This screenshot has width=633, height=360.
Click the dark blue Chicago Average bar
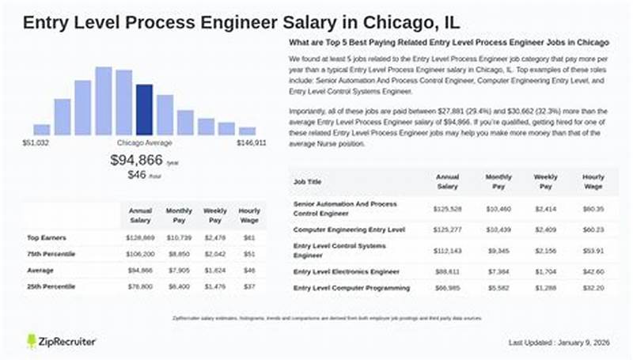pyautogui.click(x=144, y=110)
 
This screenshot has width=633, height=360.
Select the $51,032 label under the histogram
pyautogui.click(x=36, y=143)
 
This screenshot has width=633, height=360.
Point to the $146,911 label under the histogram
pyautogui.click(x=251, y=143)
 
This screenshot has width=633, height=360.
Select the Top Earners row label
pyautogui.click(x=45, y=237)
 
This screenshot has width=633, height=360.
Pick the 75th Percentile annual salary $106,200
pyautogui.click(x=140, y=254)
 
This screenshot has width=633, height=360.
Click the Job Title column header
pyautogui.click(x=309, y=181)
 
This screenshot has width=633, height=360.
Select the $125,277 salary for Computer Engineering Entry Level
pyautogui.click(x=448, y=230)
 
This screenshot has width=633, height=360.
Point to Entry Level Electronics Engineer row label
pyautogui.click(x=346, y=271)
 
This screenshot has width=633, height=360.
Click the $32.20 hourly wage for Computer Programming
pyautogui.click(x=592, y=288)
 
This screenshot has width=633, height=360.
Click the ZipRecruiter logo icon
pyautogui.click(x=32, y=341)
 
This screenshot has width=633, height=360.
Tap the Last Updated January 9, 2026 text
pyautogui.click(x=559, y=342)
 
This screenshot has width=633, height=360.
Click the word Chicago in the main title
pyautogui.click(x=384, y=21)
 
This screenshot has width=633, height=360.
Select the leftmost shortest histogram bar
pyautogui.click(x=42, y=130)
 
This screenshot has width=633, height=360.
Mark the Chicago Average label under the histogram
pyautogui.click(x=144, y=143)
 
